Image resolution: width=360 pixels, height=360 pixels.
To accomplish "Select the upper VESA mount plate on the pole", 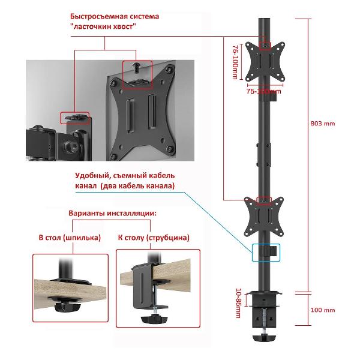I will pos(265,65).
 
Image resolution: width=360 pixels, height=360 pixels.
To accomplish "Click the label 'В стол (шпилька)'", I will pos(70,238).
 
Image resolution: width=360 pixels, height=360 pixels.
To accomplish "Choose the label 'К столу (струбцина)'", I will pos(154,238).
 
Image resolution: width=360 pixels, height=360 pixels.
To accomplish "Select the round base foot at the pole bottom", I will pos(264,338).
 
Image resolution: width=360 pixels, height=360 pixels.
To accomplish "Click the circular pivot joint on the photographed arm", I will pos(75,146).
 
